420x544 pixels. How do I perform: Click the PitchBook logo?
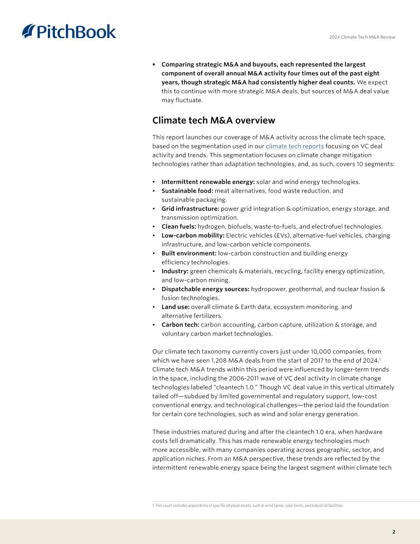69,31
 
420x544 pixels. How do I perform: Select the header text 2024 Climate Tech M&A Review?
362,37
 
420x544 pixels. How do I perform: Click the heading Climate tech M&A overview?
214,121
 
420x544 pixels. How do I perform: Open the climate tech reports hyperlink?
294,146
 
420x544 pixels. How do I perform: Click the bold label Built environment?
188,253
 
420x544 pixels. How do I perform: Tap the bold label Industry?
175,271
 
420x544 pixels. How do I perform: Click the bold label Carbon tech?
180,325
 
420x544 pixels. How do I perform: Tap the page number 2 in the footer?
394,532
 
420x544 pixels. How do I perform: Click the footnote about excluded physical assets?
248,505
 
